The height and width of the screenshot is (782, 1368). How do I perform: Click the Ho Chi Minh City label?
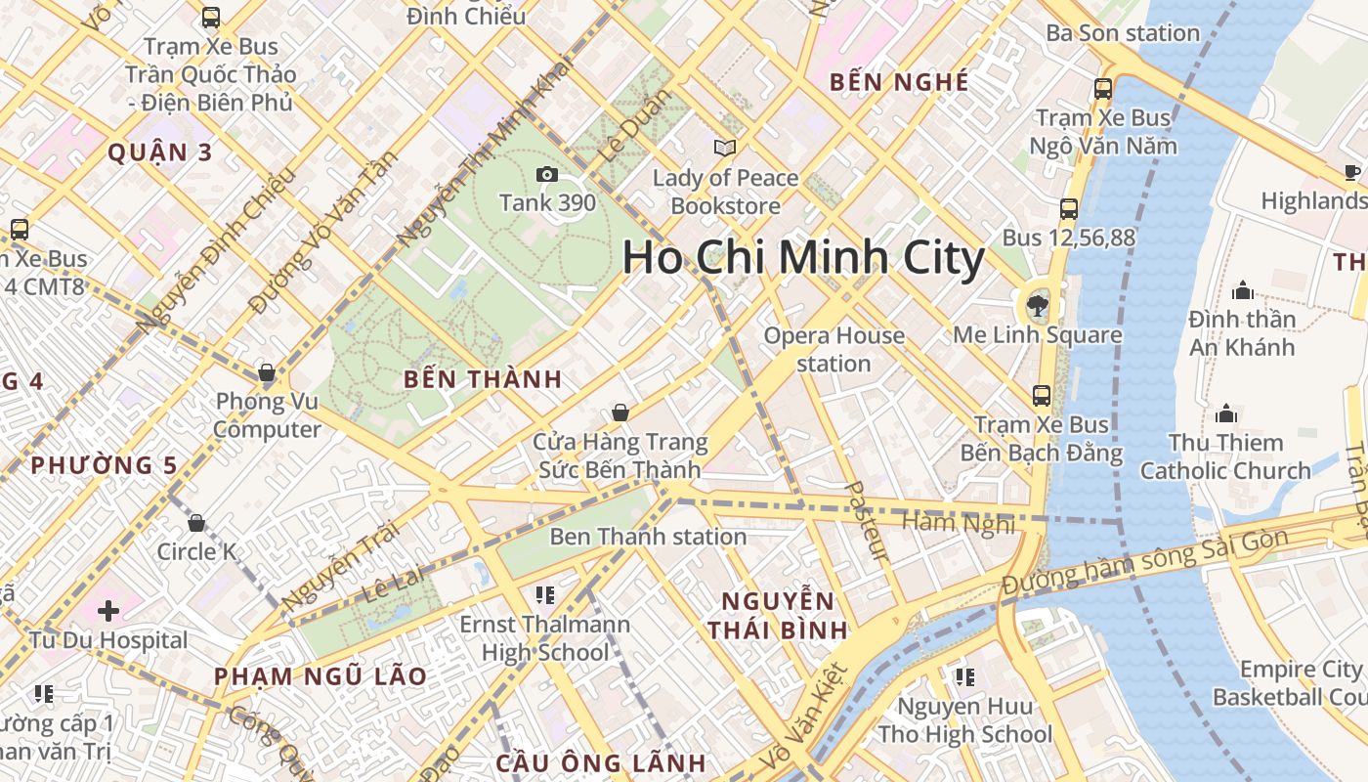(x=803, y=258)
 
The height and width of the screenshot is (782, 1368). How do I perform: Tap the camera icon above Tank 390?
(x=547, y=175)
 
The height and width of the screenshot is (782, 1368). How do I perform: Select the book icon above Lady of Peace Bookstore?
(x=724, y=149)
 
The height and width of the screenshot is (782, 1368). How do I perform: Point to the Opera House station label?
(x=834, y=349)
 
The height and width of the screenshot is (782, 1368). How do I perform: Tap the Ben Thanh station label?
(x=648, y=537)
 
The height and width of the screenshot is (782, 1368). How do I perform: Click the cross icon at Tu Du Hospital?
(x=108, y=612)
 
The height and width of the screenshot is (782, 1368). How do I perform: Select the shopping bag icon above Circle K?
(x=196, y=523)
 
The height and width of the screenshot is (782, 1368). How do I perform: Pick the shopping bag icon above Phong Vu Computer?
(x=266, y=372)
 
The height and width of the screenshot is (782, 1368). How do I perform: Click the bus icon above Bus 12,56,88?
(x=1069, y=209)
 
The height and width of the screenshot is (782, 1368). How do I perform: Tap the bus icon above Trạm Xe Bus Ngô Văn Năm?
(x=1103, y=89)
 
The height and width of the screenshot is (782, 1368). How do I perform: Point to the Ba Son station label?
(x=1123, y=33)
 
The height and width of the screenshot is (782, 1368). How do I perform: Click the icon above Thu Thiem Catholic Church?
(x=1225, y=413)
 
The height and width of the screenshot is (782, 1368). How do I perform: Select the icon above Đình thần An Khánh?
(x=1243, y=290)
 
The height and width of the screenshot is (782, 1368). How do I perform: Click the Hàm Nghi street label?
(x=958, y=524)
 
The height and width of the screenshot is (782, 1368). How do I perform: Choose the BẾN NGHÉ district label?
(x=899, y=83)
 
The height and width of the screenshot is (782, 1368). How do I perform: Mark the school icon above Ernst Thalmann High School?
(x=545, y=595)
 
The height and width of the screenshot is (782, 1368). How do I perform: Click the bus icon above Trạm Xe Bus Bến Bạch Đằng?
(x=1042, y=396)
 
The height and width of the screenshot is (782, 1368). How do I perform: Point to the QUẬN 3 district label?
(x=160, y=152)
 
